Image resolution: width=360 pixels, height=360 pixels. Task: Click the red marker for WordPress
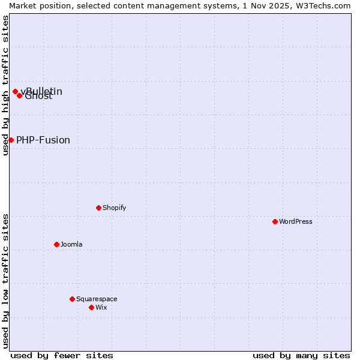275,221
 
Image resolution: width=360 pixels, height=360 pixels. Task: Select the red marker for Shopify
98,208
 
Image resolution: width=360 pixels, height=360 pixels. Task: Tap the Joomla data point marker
56,244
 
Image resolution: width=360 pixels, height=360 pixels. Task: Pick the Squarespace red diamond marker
72,299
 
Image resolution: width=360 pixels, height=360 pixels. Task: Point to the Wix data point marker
91,307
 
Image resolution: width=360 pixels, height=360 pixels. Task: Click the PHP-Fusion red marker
11,140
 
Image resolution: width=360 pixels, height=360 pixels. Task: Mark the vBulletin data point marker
15,91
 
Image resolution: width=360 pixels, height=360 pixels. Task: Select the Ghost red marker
19,95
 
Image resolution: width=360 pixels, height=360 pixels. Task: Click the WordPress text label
296,221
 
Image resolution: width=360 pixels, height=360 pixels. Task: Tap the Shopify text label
115,208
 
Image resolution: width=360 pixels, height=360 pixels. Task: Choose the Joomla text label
71,244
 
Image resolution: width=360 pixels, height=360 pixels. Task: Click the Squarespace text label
97,299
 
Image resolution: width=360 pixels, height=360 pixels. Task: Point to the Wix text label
101,307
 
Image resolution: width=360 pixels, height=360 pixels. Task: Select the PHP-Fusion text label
43,140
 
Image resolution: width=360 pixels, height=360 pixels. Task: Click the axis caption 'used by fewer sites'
62,355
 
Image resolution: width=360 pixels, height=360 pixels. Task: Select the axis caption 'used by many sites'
301,355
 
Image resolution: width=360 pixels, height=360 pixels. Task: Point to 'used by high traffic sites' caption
5,85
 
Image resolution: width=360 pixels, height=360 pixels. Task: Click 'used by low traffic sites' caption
5,281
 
